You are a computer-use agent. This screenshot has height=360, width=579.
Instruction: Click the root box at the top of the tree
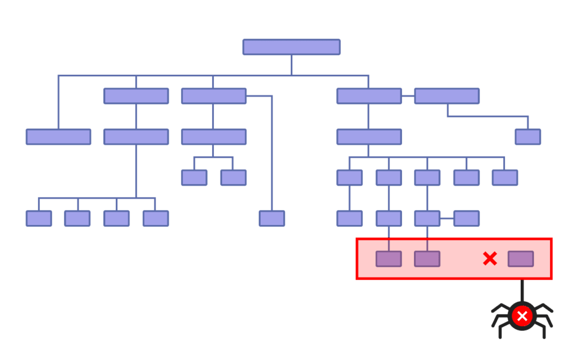coord(291,47)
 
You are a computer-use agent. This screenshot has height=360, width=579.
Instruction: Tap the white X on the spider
coord(522,316)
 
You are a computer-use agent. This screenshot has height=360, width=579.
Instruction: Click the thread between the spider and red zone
coord(521,290)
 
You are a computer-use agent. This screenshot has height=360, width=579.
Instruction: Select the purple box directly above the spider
coord(521,259)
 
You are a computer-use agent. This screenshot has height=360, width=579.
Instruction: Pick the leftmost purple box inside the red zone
coord(388,259)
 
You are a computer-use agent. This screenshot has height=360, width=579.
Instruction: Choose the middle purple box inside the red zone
coord(427,259)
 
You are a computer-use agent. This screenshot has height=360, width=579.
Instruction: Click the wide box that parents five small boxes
coord(369,137)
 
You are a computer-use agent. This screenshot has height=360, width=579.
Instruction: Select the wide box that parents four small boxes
coord(136,137)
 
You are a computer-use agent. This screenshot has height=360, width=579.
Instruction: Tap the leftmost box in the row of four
coord(38,218)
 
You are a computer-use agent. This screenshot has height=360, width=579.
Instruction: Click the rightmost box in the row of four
coord(155,218)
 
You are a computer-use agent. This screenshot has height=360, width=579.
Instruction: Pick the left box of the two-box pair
coord(194,177)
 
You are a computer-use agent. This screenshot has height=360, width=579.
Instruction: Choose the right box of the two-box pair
coord(233,177)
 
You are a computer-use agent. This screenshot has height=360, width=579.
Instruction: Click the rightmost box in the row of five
coord(504,177)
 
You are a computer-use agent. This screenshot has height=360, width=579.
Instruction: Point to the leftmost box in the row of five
coord(349,177)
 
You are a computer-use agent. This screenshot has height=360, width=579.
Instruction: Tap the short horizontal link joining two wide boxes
coord(408,96)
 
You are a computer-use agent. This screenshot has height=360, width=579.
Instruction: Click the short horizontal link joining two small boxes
coord(447,218)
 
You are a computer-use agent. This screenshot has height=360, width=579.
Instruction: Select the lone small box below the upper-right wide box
coord(528,137)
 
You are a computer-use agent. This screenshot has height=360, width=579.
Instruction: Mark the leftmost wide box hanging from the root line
coord(58,137)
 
